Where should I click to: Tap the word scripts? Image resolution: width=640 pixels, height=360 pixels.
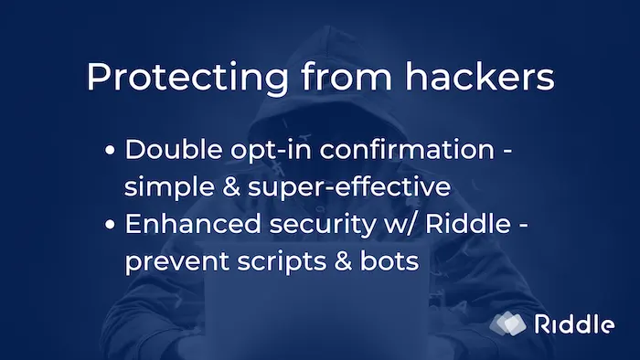tap(277, 263)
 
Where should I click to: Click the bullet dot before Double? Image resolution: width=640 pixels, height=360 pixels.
tap(111, 151)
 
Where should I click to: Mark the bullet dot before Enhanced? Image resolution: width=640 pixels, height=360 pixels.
tap(111, 226)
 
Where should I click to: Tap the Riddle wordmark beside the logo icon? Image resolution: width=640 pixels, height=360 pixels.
tap(573, 323)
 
